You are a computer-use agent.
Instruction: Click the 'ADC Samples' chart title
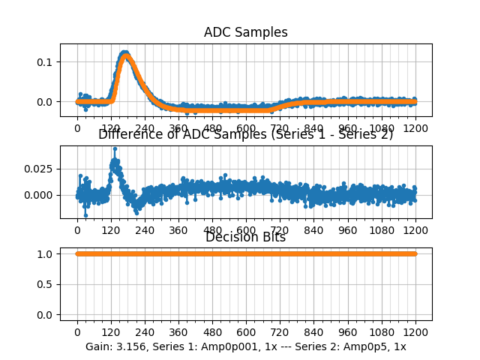click(x=245, y=32)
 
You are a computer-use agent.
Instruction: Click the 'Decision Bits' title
click(x=245, y=238)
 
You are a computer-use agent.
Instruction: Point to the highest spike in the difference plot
click(x=115, y=148)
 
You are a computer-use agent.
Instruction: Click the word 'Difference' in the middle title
click(x=129, y=134)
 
